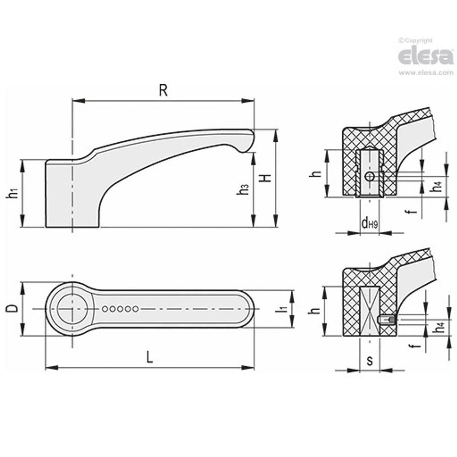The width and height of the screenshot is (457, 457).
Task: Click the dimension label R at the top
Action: (163, 91)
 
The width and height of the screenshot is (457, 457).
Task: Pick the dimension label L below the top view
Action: (149, 357)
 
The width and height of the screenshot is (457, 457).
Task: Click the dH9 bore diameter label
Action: (369, 224)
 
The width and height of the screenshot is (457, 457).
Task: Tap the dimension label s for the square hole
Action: (370, 361)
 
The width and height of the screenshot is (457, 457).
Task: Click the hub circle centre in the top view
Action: (72, 309)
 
